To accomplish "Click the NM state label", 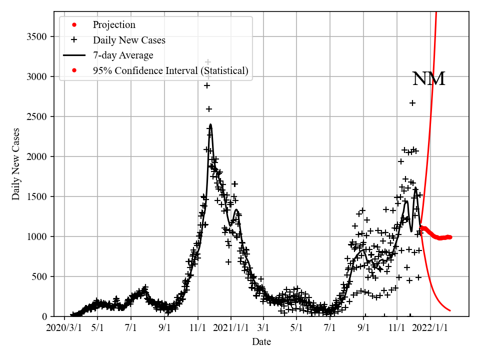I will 428,79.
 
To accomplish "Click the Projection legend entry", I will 114,25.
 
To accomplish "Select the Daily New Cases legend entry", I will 129,40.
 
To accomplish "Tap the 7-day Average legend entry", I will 123,55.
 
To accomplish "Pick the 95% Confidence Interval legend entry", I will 170,70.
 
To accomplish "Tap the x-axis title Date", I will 261,342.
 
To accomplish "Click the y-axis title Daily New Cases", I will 16,164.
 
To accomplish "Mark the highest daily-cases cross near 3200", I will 208,62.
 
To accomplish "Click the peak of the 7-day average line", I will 210,124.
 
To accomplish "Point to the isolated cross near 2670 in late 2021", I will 412,103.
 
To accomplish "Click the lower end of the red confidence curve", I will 450,310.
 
